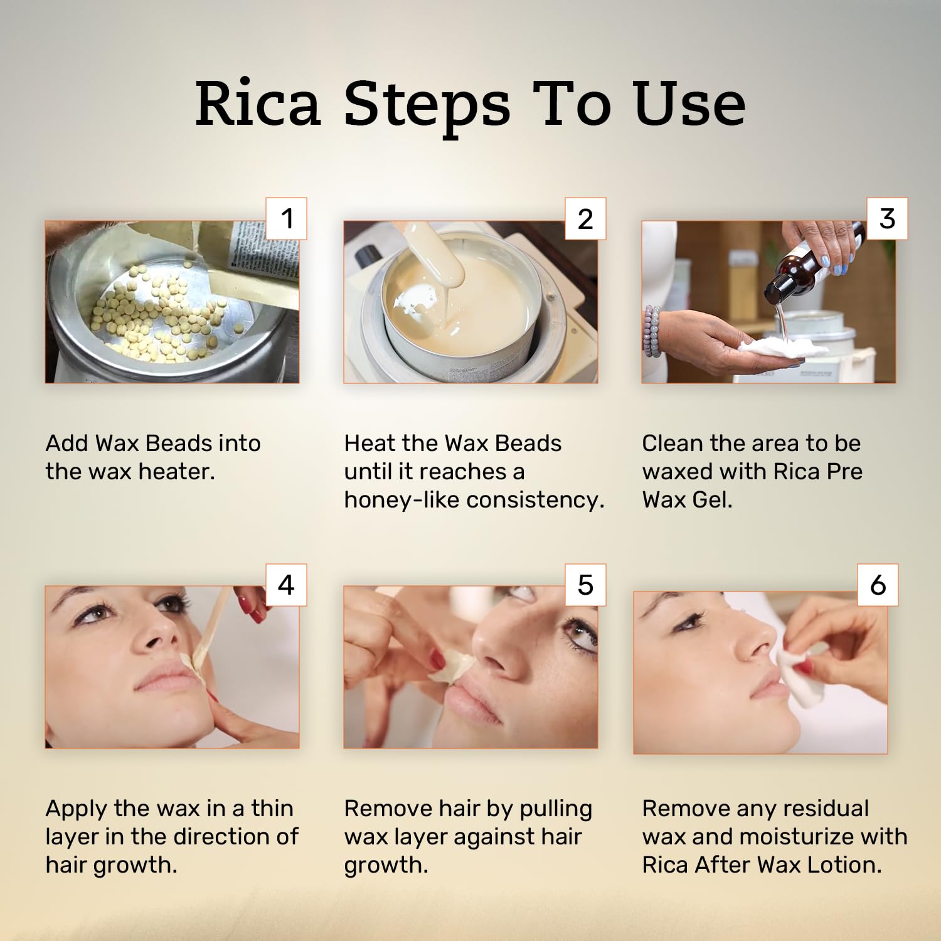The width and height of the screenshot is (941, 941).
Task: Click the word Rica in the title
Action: click(258, 104)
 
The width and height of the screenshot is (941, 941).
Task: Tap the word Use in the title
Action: click(689, 104)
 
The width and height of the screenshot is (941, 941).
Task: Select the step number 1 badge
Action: click(287, 218)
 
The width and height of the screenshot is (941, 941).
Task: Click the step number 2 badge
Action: click(585, 218)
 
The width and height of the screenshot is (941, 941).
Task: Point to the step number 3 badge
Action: click(887, 218)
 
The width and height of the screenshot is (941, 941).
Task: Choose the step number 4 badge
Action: click(287, 585)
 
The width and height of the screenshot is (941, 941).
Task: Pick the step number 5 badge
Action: click(585, 585)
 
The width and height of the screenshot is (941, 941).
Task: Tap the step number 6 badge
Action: click(878, 585)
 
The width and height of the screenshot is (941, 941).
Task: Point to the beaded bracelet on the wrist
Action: click(652, 331)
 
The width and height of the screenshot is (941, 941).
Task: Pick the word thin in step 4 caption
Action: click(272, 808)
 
